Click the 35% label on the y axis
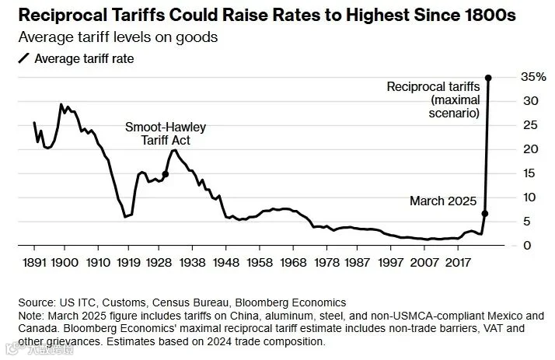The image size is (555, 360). pos(533,77)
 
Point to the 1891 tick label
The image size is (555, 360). pos(34,262)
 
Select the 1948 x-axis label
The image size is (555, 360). pos(226,262)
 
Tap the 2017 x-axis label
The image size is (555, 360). pos(458,262)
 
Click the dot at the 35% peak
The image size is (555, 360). pos(488,78)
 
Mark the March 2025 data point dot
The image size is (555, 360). pos(485,214)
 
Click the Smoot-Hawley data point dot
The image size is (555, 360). pos(165,174)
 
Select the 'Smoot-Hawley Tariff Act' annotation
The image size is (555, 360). pos(166,134)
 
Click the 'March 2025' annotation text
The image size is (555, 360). pos(443,201)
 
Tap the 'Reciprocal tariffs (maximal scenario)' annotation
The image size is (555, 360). pos(433,100)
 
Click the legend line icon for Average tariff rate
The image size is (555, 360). pos(24,58)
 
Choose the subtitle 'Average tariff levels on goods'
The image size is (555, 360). pos(118,37)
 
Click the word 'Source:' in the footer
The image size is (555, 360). pos(37,302)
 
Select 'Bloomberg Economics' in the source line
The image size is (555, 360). pos(291,302)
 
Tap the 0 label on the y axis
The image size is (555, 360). pos(527,245)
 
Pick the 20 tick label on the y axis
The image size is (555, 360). pos(530,149)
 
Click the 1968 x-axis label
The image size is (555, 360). pos(293,262)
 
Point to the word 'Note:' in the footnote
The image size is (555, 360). pos(31,316)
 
